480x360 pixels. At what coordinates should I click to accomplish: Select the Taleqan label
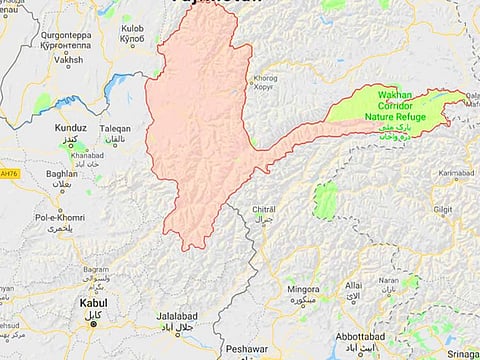click(x=114, y=129)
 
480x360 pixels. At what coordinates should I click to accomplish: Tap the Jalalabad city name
click(x=179, y=317)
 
